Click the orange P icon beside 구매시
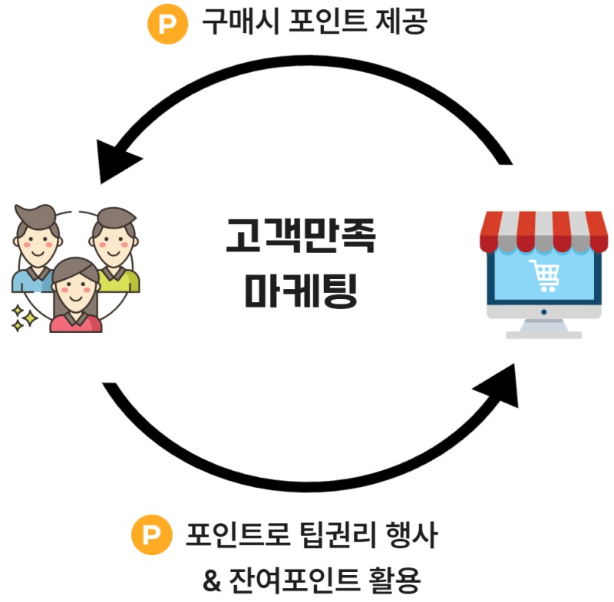(167, 22)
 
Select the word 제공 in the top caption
(401, 22)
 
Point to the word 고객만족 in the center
(301, 236)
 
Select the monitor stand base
(543, 331)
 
